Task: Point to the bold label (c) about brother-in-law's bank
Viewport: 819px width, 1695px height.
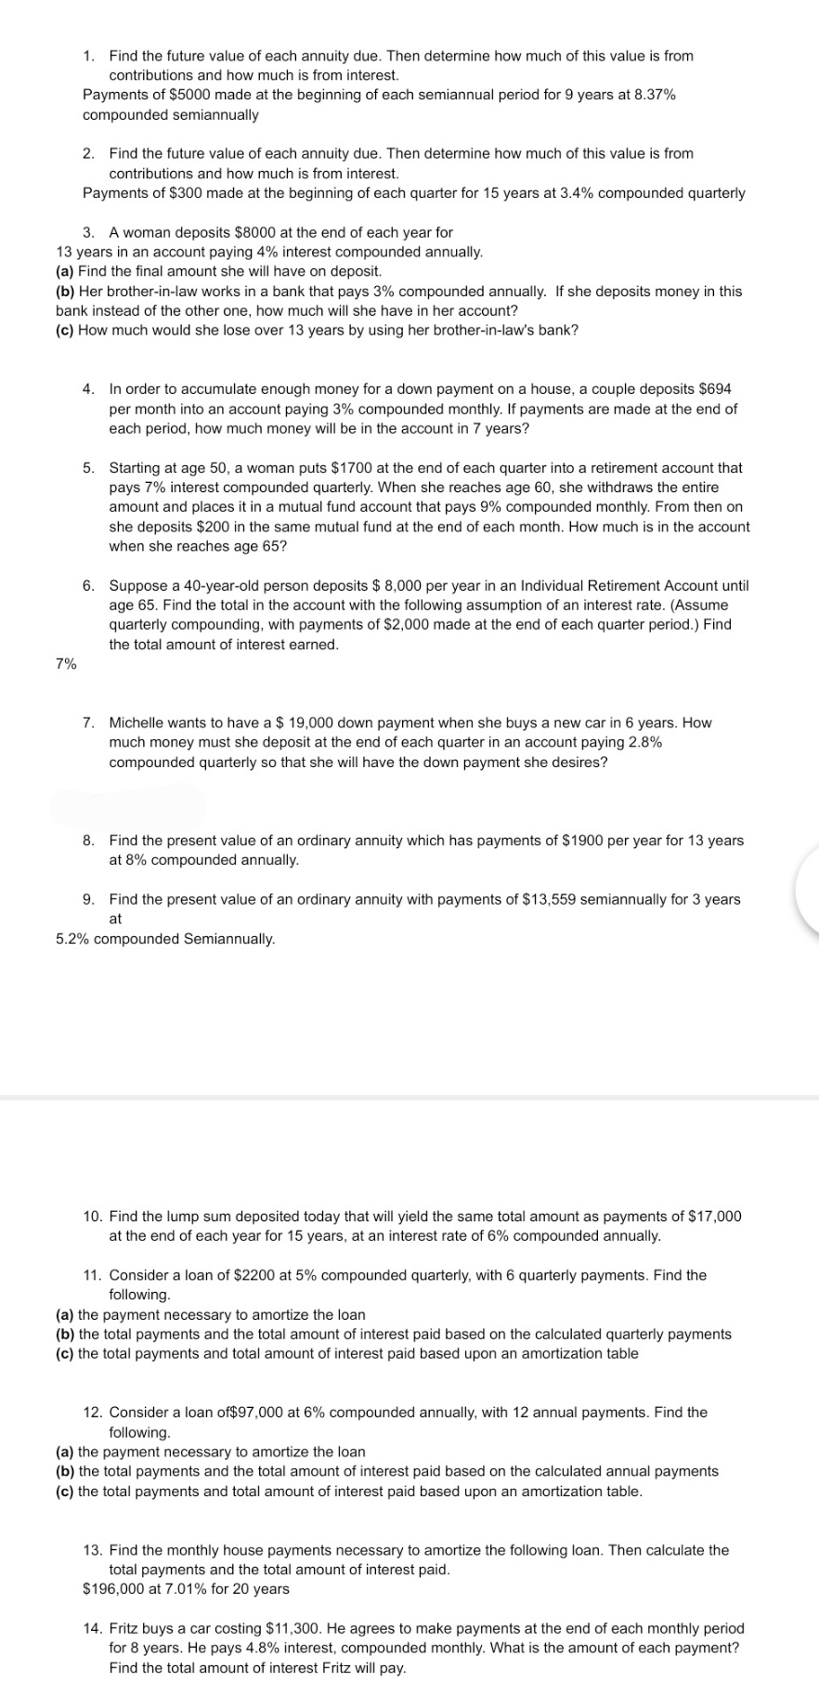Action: coord(65,331)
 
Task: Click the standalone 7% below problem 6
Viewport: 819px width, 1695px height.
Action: coord(66,665)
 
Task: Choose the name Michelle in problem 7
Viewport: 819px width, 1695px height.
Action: coord(138,723)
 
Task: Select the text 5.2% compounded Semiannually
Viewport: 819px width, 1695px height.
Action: coord(165,939)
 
